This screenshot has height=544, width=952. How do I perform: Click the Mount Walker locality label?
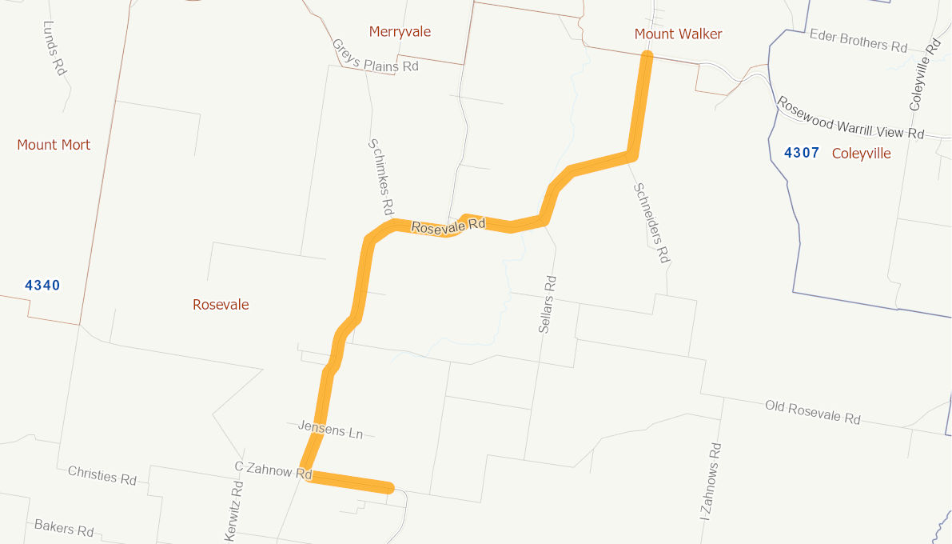tap(678, 34)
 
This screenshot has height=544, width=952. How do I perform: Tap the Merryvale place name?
tap(400, 31)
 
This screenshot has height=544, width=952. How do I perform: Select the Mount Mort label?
tap(54, 145)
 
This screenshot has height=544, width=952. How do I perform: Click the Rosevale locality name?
tap(221, 305)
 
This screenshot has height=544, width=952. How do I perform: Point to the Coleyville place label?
tap(861, 153)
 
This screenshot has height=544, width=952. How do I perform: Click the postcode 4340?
tap(42, 286)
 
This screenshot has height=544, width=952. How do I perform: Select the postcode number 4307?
tap(802, 153)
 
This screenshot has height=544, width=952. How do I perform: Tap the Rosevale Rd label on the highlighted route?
tap(448, 226)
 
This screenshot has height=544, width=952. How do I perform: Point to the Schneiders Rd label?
tap(651, 222)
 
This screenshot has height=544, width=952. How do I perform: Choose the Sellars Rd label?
tap(548, 304)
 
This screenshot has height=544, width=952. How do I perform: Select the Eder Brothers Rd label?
tap(858, 40)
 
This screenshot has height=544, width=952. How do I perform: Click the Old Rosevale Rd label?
tap(812, 412)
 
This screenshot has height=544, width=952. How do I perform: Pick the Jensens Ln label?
tap(330, 430)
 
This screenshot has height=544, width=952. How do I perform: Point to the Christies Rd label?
tap(102, 475)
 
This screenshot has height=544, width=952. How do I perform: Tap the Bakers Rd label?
tap(64, 528)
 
